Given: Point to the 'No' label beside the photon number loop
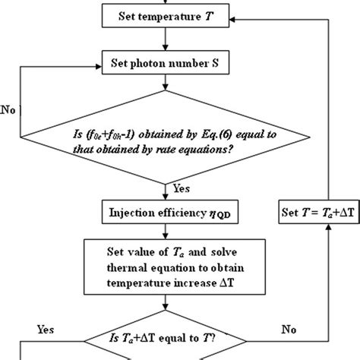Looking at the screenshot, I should (x=10, y=109).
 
